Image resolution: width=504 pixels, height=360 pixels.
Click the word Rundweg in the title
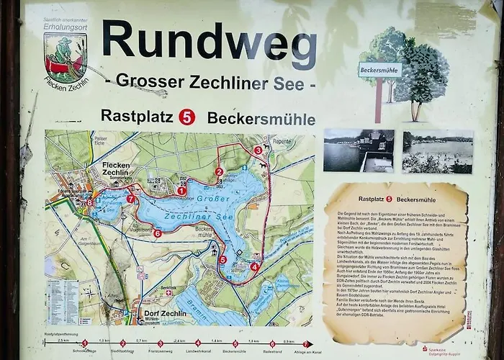tap(209, 41)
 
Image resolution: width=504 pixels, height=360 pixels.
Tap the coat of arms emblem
tap(65, 57)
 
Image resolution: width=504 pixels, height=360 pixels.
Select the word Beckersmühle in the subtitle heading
tap(261, 117)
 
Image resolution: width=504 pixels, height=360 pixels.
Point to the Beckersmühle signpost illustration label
tap(379, 70)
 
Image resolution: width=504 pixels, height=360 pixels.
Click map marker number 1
tap(181, 191)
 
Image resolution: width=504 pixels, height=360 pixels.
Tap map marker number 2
tap(219, 171)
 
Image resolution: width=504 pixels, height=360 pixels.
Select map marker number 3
tap(258, 150)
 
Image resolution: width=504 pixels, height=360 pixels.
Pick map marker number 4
tap(254, 266)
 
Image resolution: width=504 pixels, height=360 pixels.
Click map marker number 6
tap(157, 233)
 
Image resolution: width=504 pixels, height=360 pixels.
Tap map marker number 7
tap(130, 199)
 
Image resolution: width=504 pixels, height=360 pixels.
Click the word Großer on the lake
tap(214, 199)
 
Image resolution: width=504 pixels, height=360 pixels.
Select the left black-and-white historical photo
tap(358, 151)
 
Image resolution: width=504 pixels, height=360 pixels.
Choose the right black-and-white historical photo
tap(437, 151)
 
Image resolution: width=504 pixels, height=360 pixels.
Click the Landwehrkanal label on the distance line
tap(197, 352)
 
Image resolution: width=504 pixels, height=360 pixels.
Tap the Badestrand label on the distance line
tap(272, 352)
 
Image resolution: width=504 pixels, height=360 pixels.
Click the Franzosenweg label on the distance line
tap(160, 352)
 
